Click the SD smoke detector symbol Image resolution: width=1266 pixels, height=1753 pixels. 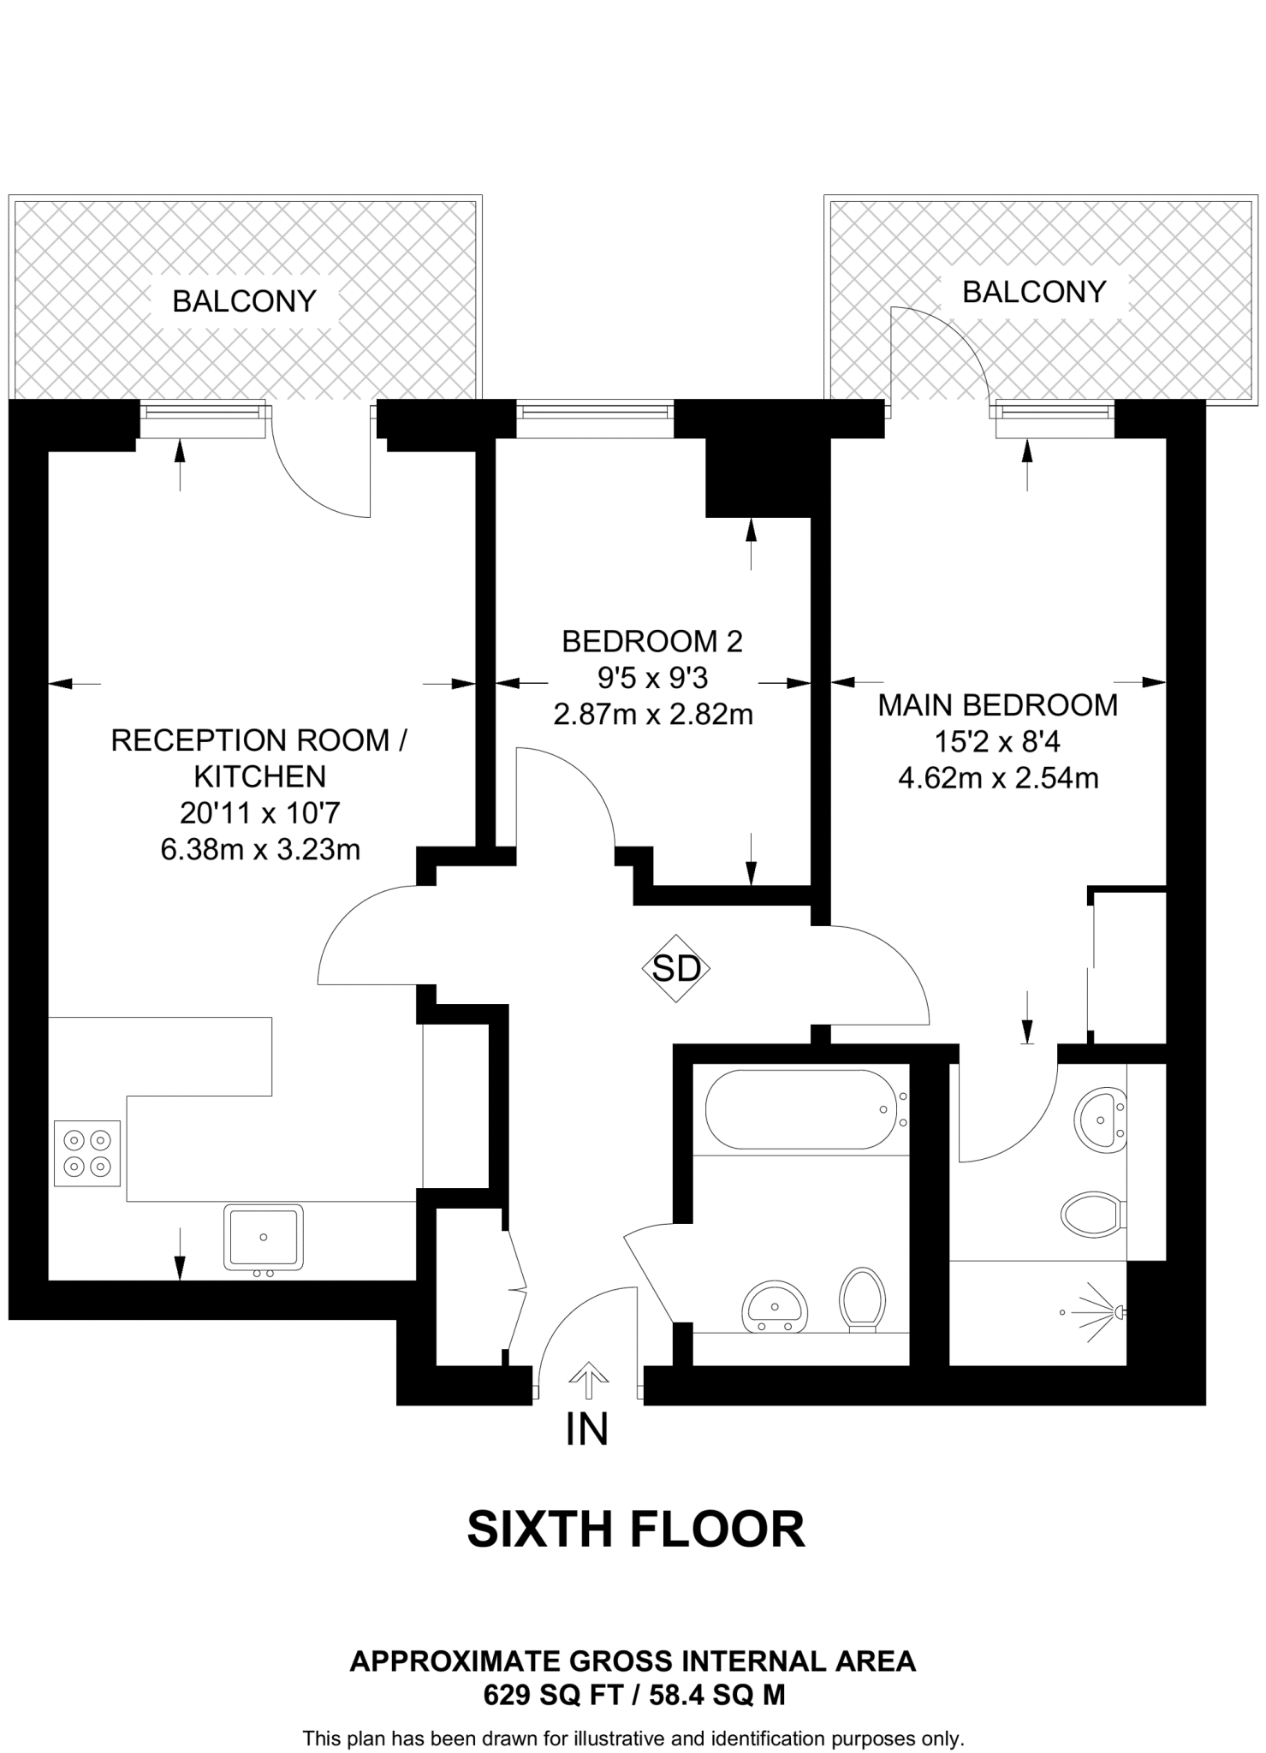point(676,968)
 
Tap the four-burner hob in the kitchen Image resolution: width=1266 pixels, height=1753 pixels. point(87,1153)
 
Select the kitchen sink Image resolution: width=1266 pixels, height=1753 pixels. point(264,1237)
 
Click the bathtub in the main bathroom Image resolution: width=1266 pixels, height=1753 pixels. point(799,1109)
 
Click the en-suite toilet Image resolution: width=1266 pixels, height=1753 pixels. point(1091,1214)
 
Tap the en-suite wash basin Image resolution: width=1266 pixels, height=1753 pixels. point(1102,1118)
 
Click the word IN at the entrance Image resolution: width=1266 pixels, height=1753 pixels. point(587,1429)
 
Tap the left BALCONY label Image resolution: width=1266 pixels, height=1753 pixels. point(245,301)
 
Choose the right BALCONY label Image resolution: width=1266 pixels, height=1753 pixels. point(1034,292)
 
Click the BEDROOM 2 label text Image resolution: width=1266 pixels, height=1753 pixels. point(652,640)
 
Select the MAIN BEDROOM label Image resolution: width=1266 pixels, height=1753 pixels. point(998,704)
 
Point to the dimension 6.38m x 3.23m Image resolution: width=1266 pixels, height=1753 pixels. point(260,849)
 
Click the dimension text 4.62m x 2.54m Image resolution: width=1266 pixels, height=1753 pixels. point(998,778)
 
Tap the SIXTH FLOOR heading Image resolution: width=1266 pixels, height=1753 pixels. point(636,1530)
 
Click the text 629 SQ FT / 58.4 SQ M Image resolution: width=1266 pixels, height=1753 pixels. point(634,1695)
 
